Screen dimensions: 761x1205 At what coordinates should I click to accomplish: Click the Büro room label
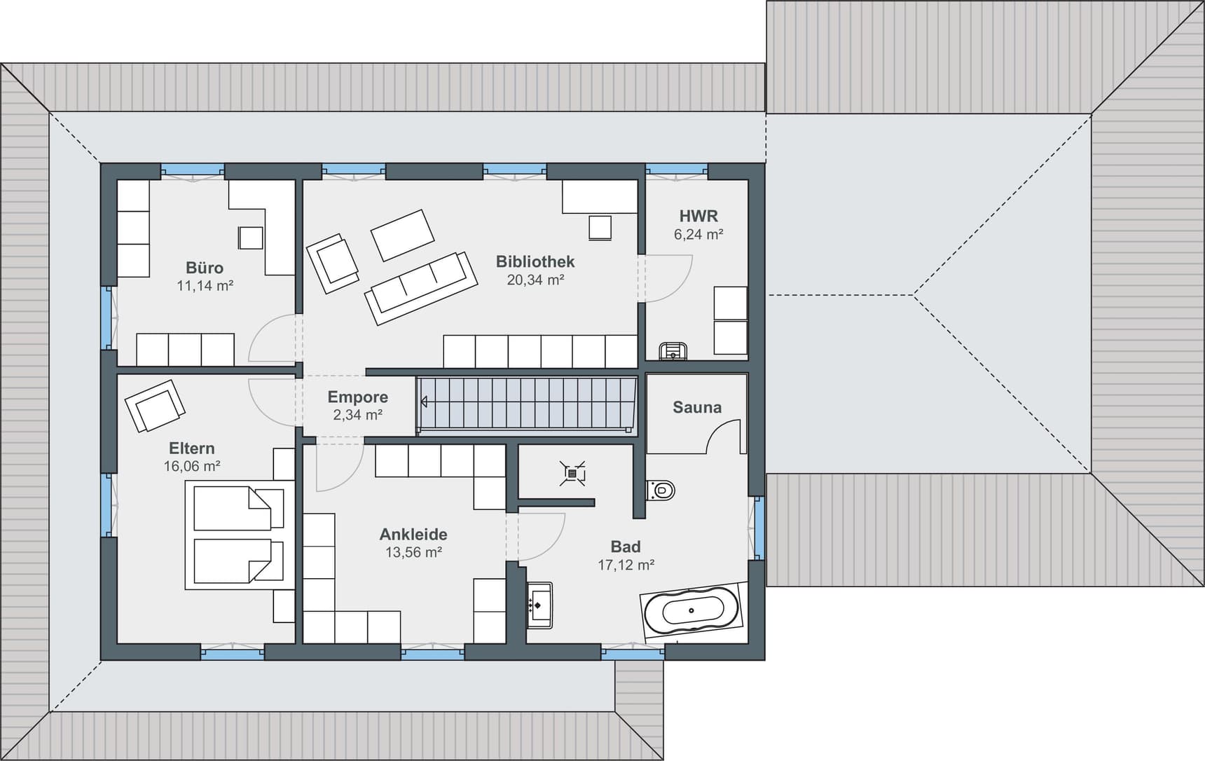(205, 268)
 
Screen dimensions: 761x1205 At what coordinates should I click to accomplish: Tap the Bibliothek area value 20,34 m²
(535, 280)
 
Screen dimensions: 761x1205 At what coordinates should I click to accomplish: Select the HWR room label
(698, 216)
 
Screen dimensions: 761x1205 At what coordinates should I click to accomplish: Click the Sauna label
(696, 407)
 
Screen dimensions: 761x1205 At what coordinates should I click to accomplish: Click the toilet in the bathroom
(660, 490)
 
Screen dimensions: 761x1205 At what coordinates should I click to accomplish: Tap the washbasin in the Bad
(539, 605)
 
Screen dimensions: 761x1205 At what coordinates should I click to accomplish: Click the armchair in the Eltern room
(155, 406)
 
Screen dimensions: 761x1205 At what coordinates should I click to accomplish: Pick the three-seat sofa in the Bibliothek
(420, 287)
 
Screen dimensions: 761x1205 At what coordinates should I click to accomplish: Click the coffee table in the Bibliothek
(402, 235)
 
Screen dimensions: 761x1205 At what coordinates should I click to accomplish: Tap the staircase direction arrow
(424, 402)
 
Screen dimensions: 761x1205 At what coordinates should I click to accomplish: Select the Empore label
(357, 397)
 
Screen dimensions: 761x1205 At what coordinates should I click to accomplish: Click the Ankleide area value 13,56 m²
(413, 552)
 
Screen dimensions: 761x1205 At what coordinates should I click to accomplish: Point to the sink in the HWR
(673, 351)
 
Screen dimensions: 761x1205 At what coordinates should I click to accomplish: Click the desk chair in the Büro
(250, 238)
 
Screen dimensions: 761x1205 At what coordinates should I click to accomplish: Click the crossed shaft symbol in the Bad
(572, 474)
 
